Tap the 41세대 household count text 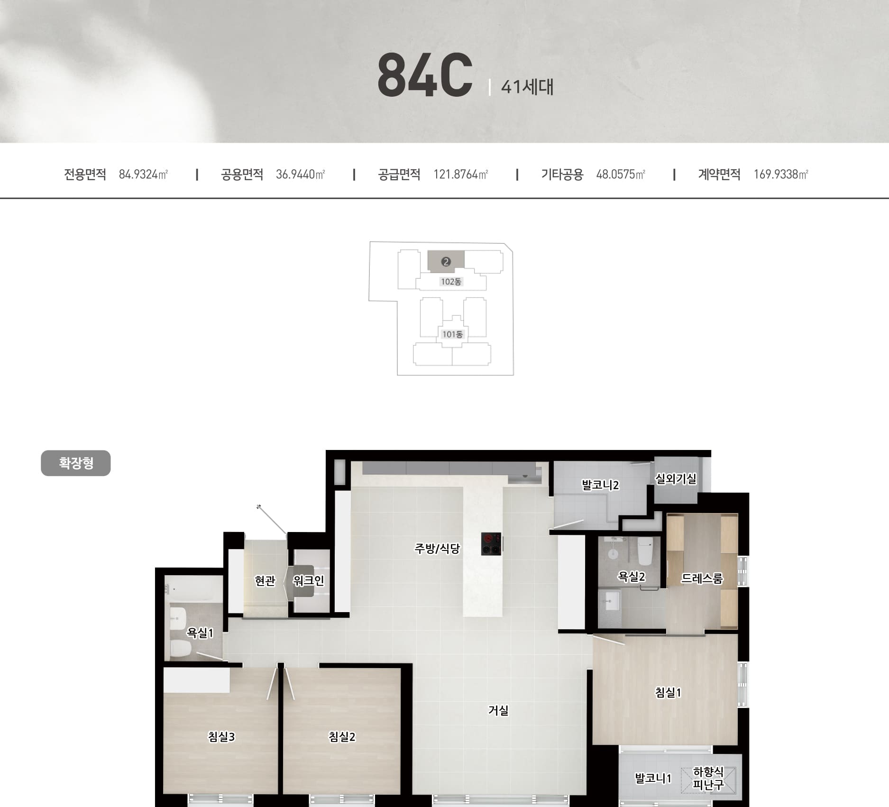(527, 87)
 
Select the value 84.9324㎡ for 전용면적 (143, 174)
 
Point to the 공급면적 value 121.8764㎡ (460, 174)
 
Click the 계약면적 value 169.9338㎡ (781, 174)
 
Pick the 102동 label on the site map (451, 282)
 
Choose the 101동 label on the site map (452, 334)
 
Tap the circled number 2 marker (446, 262)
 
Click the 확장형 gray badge (76, 463)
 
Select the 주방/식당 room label (437, 549)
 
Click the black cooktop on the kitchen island (492, 544)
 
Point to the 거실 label (498, 710)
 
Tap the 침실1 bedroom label (668, 693)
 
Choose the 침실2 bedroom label (342, 737)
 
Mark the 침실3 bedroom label (221, 737)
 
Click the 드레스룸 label (702, 578)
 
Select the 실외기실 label (676, 479)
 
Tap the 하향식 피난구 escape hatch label (708, 779)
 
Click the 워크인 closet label (309, 580)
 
